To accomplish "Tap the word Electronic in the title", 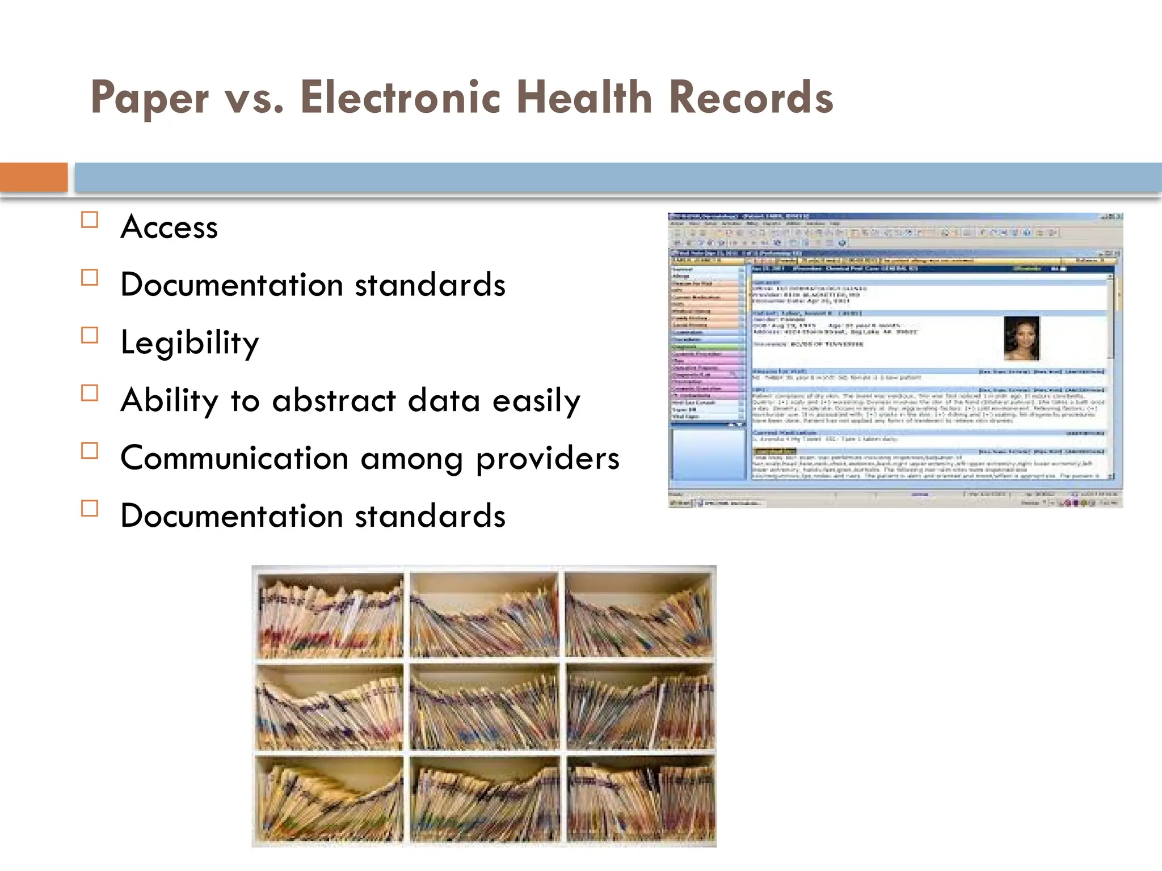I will (401, 97).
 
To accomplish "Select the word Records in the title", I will (751, 97).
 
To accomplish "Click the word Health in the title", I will (584, 97).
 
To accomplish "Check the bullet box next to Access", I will (90, 219).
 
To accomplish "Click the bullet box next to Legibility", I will (90, 335).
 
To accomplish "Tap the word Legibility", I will (190, 343).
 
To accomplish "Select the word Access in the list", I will (169, 227).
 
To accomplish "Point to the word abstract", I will (334, 400).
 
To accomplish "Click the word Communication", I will (234, 458).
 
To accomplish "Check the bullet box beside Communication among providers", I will (90, 451).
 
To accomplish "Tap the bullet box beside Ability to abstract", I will (90, 393).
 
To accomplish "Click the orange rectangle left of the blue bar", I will (33, 177).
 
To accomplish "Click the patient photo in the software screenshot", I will (1021, 338).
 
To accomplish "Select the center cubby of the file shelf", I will (484, 707).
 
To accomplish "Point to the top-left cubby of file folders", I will (330, 616).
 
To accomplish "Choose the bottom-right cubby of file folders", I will (640, 800).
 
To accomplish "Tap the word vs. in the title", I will (254, 98).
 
